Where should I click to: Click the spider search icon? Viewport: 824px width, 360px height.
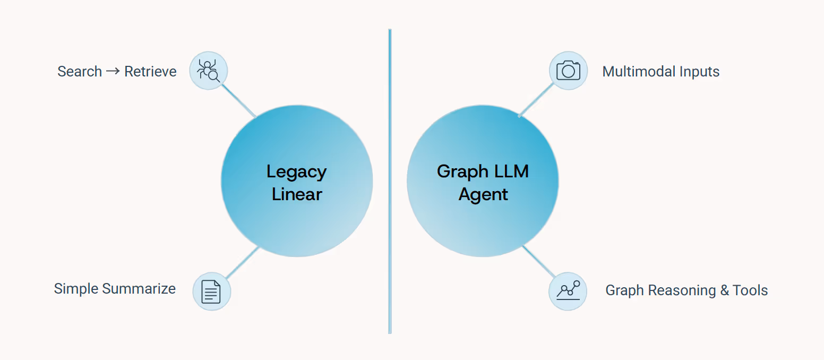tap(208, 71)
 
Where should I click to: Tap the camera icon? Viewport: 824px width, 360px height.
tap(568, 71)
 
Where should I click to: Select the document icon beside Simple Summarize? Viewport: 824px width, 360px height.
tap(211, 292)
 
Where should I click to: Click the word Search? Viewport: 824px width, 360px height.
tap(80, 72)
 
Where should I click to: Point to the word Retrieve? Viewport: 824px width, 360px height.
tap(150, 72)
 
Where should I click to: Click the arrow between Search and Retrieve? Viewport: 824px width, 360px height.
tap(113, 71)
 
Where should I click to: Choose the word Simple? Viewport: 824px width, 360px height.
tap(76, 289)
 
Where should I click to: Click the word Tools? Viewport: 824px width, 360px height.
tap(750, 290)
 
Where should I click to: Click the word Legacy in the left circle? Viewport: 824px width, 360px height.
tap(296, 172)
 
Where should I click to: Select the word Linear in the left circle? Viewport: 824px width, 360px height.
tap(297, 194)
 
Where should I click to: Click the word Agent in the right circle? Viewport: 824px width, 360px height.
tap(483, 194)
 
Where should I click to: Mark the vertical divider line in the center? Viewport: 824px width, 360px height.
tap(390, 181)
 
